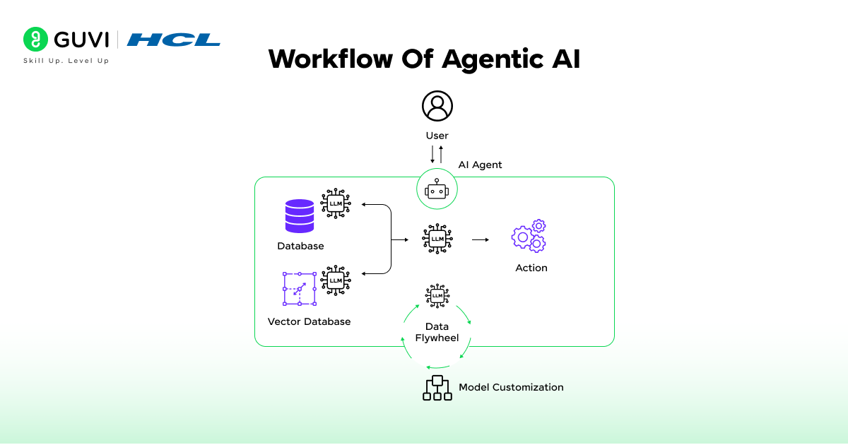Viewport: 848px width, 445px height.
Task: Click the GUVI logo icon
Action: pyautogui.click(x=35, y=40)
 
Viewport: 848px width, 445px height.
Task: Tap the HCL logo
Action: pyautogui.click(x=173, y=40)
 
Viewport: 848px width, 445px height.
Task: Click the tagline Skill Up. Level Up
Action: pyautogui.click(x=66, y=61)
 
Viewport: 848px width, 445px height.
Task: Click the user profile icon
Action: pyautogui.click(x=437, y=106)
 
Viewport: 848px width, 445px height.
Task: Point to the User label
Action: pyautogui.click(x=437, y=136)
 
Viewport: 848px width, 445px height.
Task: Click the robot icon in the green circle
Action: pyautogui.click(x=437, y=190)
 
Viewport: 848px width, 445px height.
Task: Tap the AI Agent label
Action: pyautogui.click(x=480, y=165)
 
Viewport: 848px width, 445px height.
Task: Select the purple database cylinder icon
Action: pyautogui.click(x=299, y=216)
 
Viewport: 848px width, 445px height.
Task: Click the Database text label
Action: pyautogui.click(x=300, y=246)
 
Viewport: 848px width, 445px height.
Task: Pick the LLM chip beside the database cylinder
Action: pyautogui.click(x=336, y=203)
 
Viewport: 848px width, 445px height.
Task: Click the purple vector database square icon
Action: pyautogui.click(x=299, y=288)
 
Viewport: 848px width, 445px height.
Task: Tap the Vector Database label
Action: pyautogui.click(x=309, y=321)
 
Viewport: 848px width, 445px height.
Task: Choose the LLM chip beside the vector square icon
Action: pyautogui.click(x=336, y=280)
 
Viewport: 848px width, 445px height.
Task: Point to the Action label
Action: pyautogui.click(x=531, y=268)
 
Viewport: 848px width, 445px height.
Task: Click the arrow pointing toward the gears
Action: pyautogui.click(x=481, y=240)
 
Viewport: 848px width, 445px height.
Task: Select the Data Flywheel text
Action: pyautogui.click(x=437, y=332)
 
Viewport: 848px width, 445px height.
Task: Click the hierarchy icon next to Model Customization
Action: pyautogui.click(x=437, y=388)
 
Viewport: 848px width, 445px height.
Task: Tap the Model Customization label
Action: pyautogui.click(x=511, y=387)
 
